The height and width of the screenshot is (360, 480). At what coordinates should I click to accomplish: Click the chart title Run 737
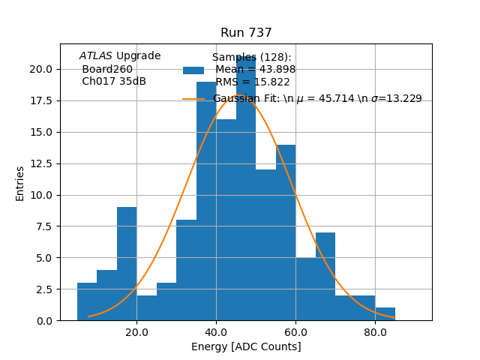pyautogui.click(x=246, y=33)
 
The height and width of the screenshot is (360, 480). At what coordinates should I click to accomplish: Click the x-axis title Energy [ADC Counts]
pyautogui.click(x=246, y=346)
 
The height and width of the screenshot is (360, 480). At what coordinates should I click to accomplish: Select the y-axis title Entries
pyautogui.click(x=20, y=183)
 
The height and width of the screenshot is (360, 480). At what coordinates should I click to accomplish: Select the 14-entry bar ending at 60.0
pyautogui.click(x=286, y=232)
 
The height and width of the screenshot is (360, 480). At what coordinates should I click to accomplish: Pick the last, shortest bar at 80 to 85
pyautogui.click(x=385, y=314)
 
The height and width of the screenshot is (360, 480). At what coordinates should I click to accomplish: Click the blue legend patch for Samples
pyautogui.click(x=193, y=70)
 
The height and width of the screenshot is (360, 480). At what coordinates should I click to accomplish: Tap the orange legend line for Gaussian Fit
pyautogui.click(x=193, y=99)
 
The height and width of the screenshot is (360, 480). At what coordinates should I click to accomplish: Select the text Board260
pyautogui.click(x=107, y=69)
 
